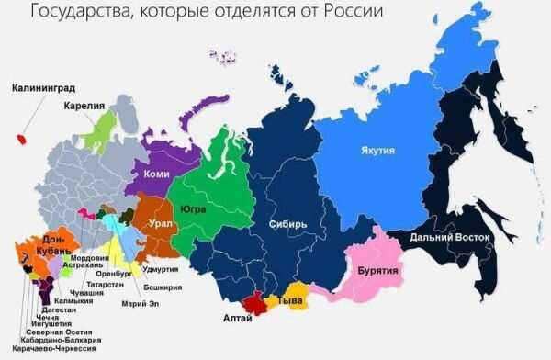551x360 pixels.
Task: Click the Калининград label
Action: point(43,89)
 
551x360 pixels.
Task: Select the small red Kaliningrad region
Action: point(20,139)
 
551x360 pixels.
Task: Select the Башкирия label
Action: point(162,287)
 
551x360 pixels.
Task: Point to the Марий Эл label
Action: point(138,304)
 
